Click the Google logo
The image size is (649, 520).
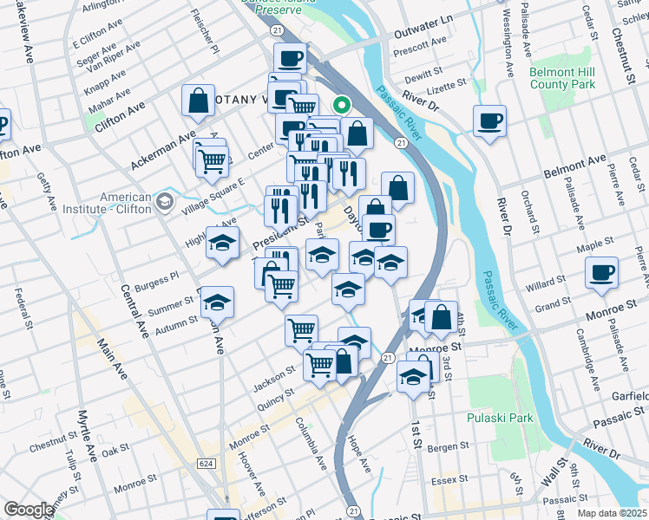[x=29, y=510]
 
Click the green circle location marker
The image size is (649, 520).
[x=343, y=107]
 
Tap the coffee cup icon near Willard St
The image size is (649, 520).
[x=600, y=273]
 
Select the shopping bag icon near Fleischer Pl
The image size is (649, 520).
[x=199, y=100]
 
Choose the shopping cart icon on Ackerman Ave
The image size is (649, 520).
[x=212, y=160]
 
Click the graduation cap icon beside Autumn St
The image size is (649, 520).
[x=217, y=302]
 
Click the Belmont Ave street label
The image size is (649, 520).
[x=574, y=167]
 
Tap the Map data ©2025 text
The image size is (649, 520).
[x=611, y=513]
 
